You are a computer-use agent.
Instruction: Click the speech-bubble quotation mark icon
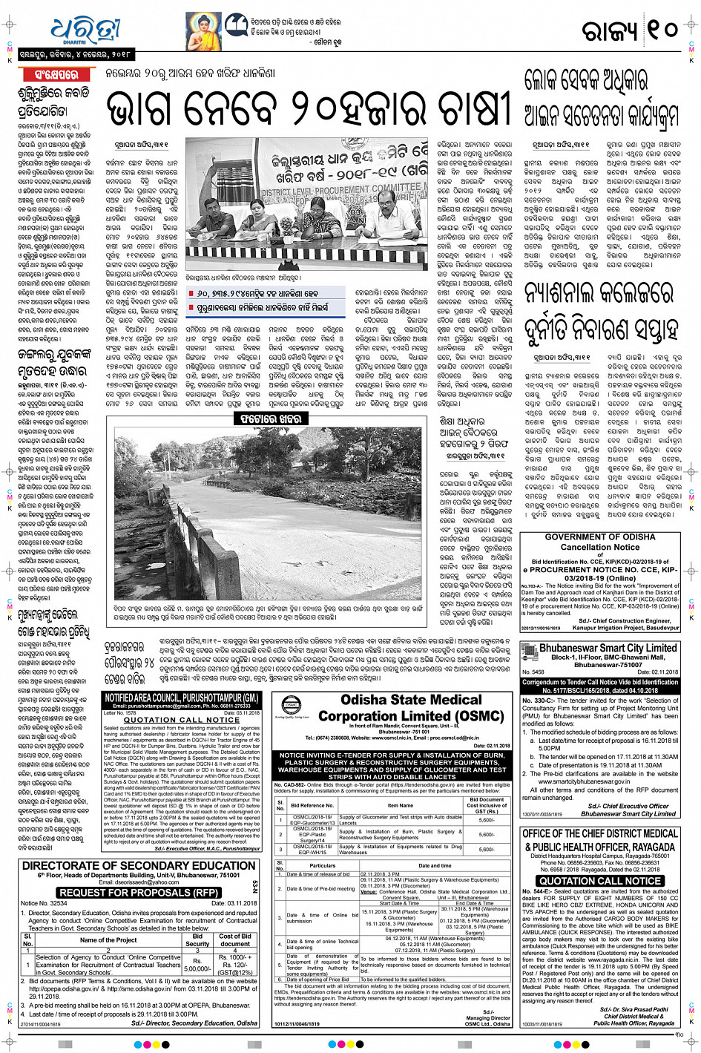pyautogui.click(x=236, y=24)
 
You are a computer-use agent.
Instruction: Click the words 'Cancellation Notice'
pyautogui.click(x=600, y=547)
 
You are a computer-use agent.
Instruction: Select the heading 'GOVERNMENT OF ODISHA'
pyautogui.click(x=600, y=537)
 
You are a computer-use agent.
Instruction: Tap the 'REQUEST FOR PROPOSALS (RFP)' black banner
pyautogui.click(x=139, y=893)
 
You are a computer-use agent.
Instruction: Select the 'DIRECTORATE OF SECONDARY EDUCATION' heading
pyautogui.click(x=139, y=866)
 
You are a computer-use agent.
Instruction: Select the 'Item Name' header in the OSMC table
pyautogui.click(x=400, y=805)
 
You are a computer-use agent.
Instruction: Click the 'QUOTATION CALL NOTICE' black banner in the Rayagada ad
pyautogui.click(x=599, y=881)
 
